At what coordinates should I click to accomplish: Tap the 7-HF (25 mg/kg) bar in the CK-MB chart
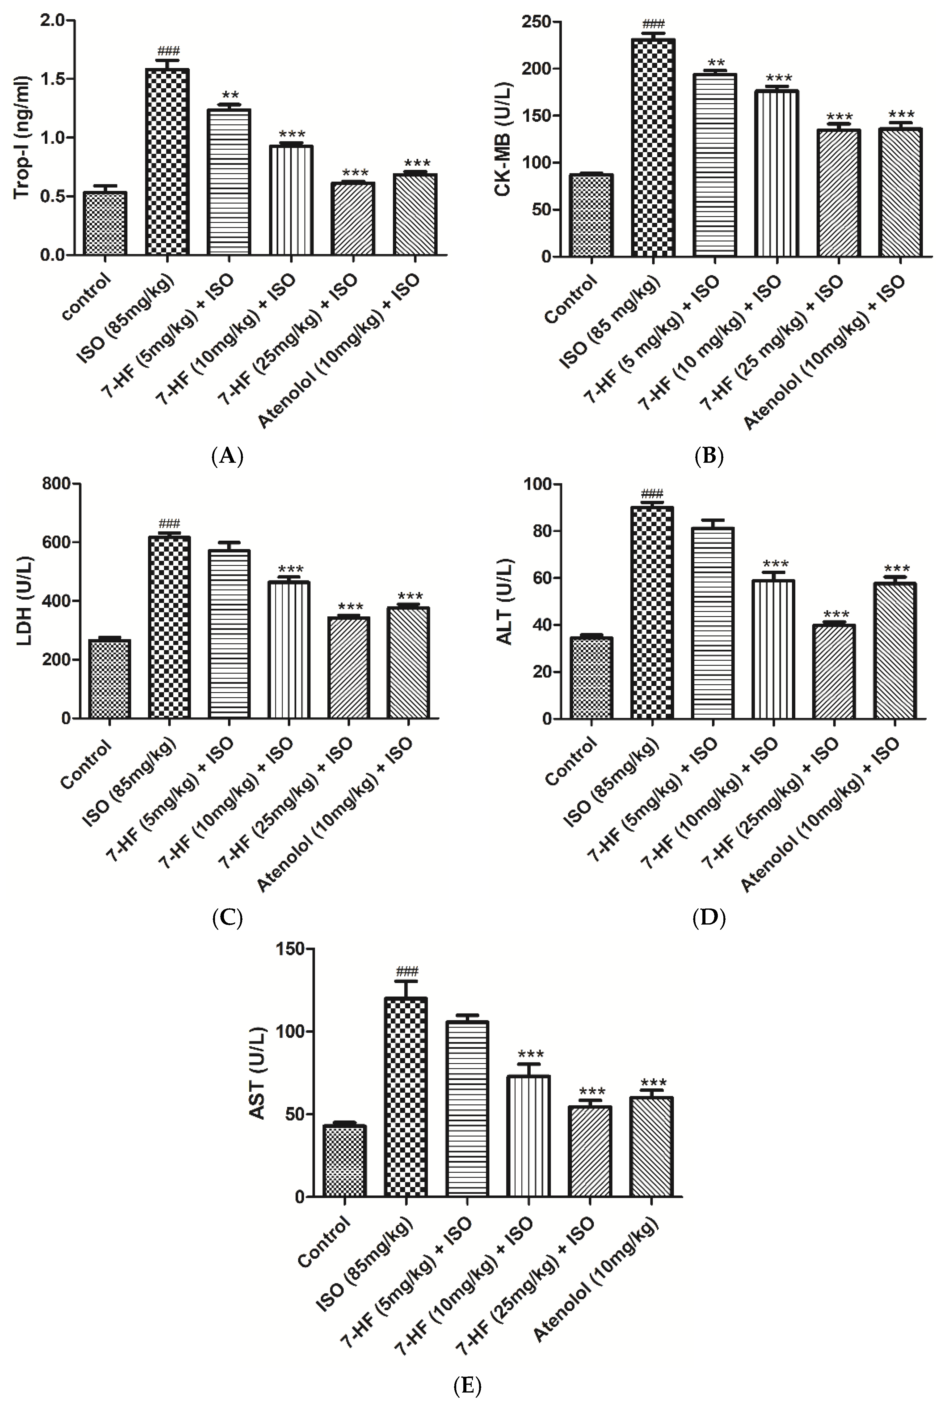(838, 193)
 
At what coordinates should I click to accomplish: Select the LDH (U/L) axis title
(24, 601)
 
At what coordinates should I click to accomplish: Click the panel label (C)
(227, 918)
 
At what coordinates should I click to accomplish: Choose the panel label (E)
(467, 1386)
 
